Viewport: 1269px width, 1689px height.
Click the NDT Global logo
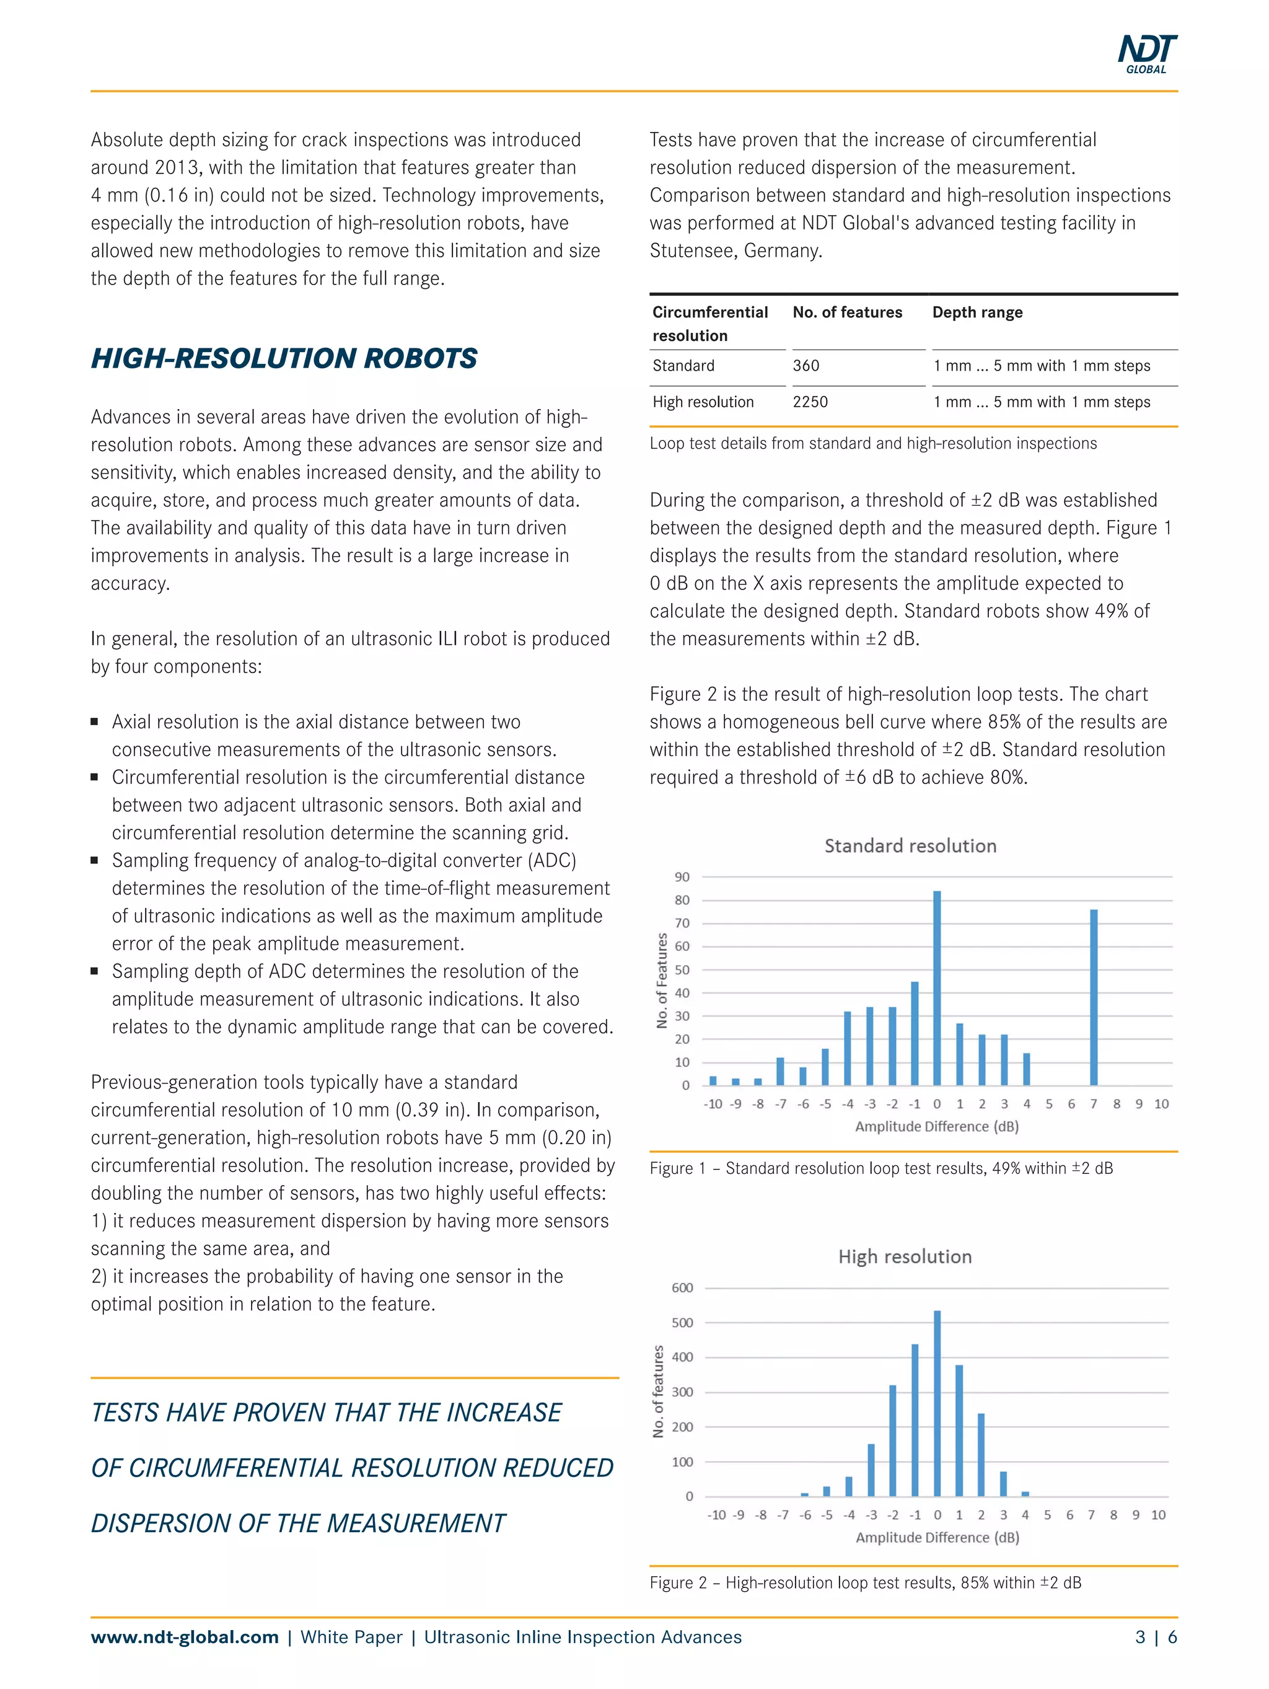click(1147, 53)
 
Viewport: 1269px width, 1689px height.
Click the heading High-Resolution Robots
click(284, 358)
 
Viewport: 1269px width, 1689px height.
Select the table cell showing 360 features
click(806, 366)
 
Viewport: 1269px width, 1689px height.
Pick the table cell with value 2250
click(809, 402)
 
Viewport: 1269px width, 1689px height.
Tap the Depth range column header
click(977, 312)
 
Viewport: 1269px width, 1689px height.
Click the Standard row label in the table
click(683, 366)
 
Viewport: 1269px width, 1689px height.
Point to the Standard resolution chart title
click(910, 846)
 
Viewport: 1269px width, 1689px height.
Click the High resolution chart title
click(905, 1257)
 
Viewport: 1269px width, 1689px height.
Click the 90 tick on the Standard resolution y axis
click(682, 877)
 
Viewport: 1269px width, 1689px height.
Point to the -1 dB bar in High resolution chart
click(915, 1420)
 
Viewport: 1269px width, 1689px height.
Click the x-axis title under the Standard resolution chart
click(937, 1126)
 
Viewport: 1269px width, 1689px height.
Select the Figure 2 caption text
click(865, 1583)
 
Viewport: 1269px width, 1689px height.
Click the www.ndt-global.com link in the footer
click(185, 1637)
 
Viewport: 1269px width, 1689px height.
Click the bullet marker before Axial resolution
click(95, 721)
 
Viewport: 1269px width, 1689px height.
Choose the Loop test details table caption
click(872, 444)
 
